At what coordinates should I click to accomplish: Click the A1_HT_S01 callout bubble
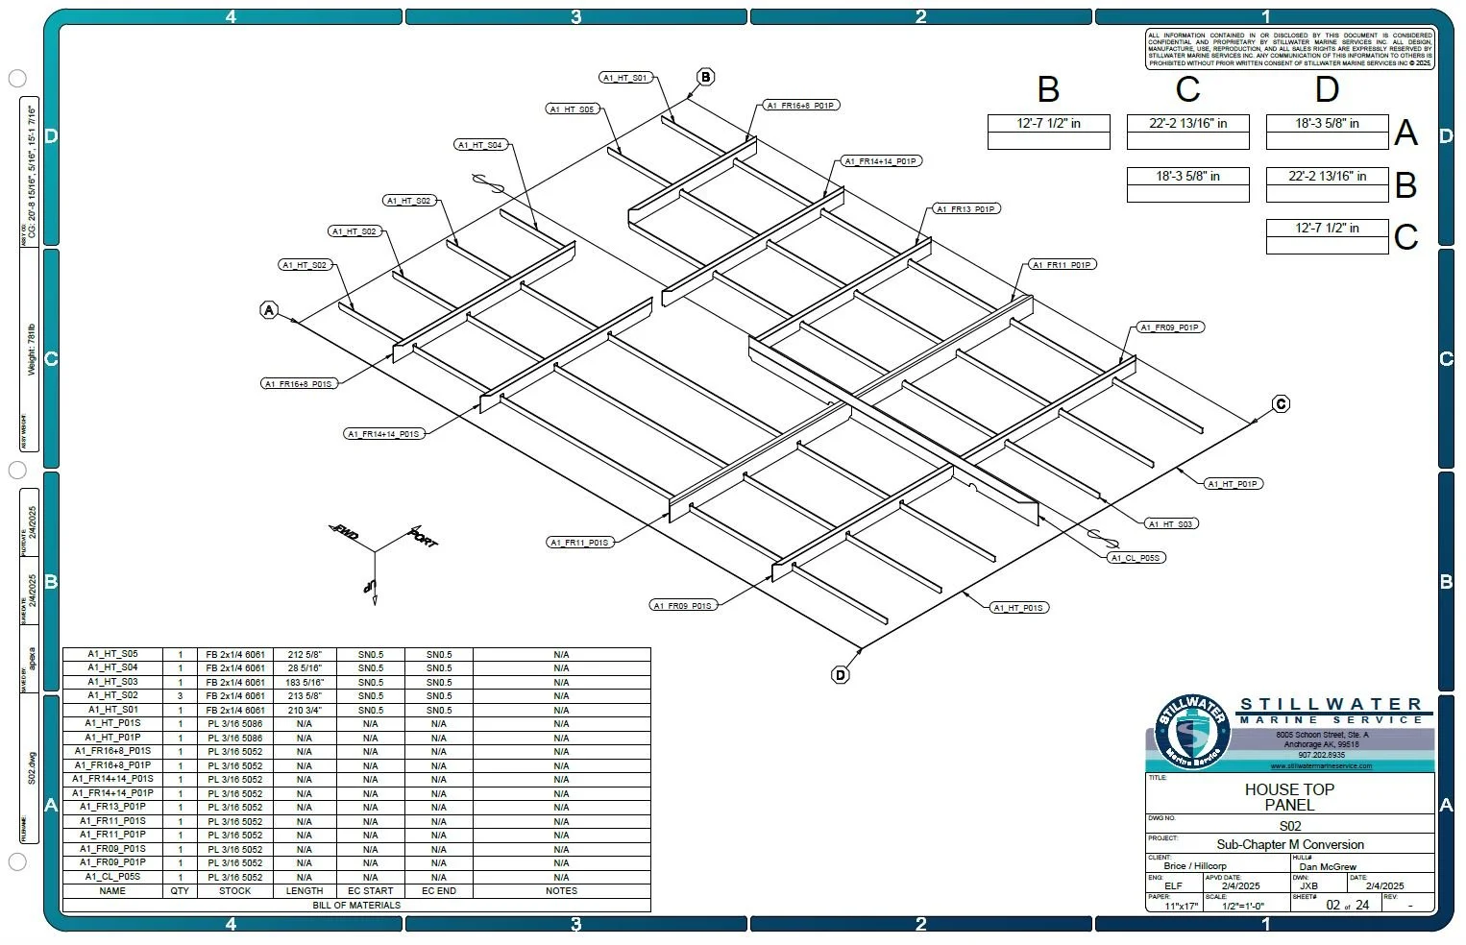626,78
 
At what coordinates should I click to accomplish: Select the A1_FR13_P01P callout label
965,208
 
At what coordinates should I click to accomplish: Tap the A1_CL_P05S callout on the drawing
1136,557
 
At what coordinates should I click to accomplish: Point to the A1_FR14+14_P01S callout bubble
384,434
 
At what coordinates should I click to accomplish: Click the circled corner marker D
841,675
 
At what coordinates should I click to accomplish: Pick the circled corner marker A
269,310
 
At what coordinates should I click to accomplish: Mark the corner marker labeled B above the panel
706,77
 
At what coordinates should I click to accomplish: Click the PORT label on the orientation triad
424,537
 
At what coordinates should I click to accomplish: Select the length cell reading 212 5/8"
305,655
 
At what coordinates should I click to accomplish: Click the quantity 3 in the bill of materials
180,696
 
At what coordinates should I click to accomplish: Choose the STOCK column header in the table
235,891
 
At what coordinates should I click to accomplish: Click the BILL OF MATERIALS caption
356,905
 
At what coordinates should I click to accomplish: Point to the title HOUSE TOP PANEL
1289,797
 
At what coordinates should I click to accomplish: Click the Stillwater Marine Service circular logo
1191,732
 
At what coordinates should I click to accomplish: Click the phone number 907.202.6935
1321,756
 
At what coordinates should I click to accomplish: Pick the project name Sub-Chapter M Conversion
1290,845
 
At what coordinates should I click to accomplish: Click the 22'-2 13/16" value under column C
1188,123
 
